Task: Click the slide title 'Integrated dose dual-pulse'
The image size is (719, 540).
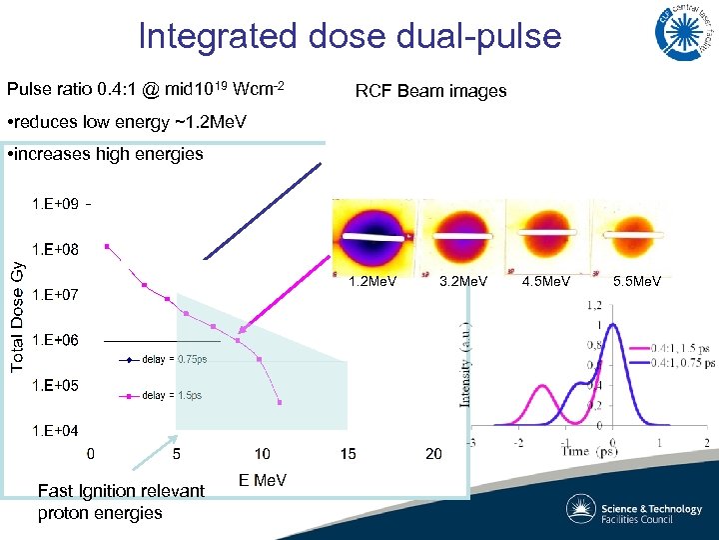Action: (x=350, y=36)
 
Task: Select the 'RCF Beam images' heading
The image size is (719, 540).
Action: (x=430, y=91)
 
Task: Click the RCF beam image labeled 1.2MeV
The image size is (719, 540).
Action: (x=372, y=234)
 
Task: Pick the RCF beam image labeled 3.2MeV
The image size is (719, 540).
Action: (x=460, y=234)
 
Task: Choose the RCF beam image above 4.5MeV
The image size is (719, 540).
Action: (x=545, y=234)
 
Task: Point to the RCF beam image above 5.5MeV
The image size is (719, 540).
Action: (x=630, y=234)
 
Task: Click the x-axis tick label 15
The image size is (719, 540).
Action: (x=348, y=455)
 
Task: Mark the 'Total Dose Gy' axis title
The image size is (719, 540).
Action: (x=17, y=316)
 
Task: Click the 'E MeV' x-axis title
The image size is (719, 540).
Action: (x=263, y=481)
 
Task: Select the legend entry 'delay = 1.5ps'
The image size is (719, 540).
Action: (x=171, y=396)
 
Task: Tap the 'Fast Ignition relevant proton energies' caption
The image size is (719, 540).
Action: (x=120, y=501)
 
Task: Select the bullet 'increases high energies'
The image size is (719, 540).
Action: (x=105, y=154)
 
